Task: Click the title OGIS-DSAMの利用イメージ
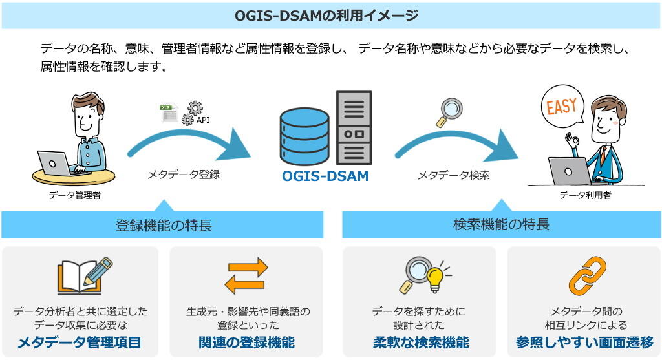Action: (x=326, y=16)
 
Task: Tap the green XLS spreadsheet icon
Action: (x=169, y=112)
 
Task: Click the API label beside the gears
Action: (x=203, y=120)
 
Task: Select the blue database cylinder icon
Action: (x=304, y=136)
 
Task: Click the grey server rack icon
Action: (x=354, y=127)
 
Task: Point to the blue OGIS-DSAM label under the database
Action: (x=326, y=176)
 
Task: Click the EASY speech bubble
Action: (x=562, y=105)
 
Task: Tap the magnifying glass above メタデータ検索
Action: (x=449, y=112)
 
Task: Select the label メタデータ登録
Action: (x=183, y=175)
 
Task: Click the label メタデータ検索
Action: (x=454, y=175)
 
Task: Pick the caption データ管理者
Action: (x=75, y=195)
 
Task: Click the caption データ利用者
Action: (x=586, y=195)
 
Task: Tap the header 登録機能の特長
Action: (x=164, y=226)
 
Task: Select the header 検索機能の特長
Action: (x=501, y=224)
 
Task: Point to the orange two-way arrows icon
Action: (x=246, y=276)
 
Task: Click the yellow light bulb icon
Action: (x=436, y=277)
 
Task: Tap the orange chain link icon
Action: (x=587, y=276)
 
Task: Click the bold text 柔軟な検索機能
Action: (x=421, y=343)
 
